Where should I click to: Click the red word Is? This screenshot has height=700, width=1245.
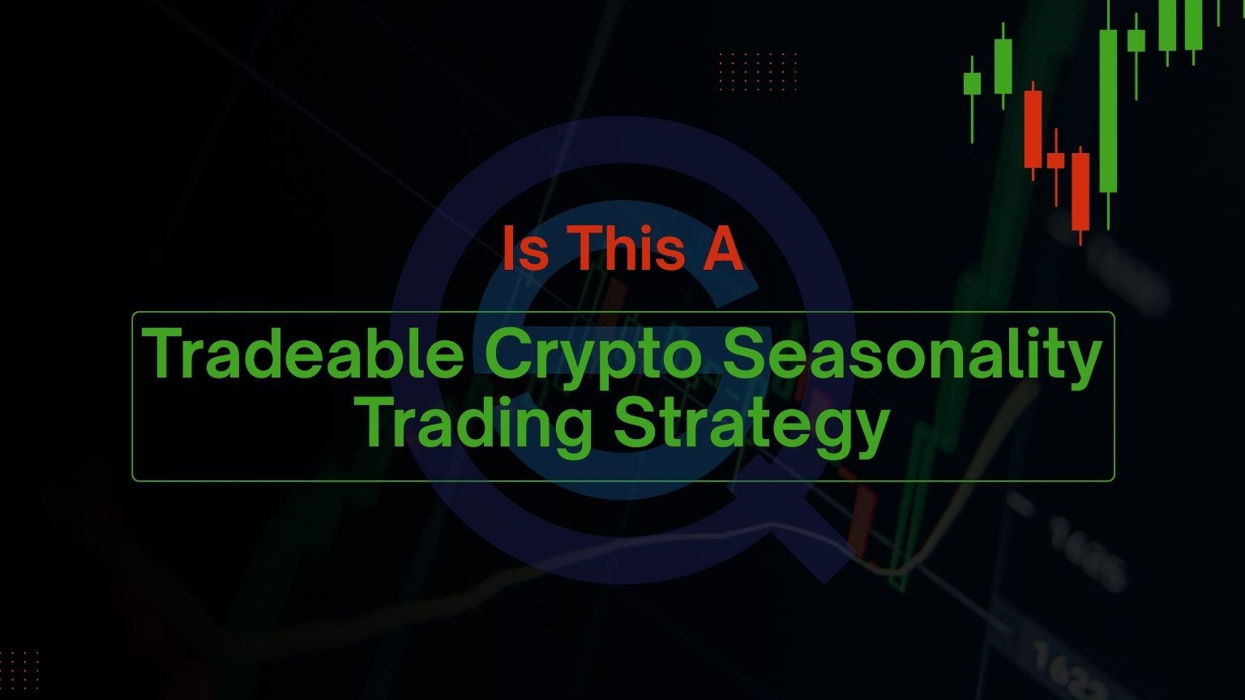click(x=525, y=248)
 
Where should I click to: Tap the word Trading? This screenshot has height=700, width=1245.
click(x=477, y=426)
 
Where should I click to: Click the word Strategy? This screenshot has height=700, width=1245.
click(x=752, y=426)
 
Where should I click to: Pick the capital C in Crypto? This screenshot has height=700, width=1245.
click(x=508, y=353)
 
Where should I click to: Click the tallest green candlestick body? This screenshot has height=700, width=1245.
click(x=1107, y=111)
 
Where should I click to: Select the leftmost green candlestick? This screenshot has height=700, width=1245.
click(x=972, y=83)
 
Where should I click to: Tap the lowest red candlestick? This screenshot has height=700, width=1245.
click(x=1080, y=191)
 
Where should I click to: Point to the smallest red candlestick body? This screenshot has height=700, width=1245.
click(x=1055, y=160)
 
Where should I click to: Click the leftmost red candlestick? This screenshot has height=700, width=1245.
click(x=1033, y=129)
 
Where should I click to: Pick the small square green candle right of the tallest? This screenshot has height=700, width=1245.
click(x=1136, y=41)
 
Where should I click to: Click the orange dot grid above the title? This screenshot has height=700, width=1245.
click(x=758, y=71)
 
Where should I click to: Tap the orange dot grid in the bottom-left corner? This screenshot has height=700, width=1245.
click(x=19, y=670)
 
